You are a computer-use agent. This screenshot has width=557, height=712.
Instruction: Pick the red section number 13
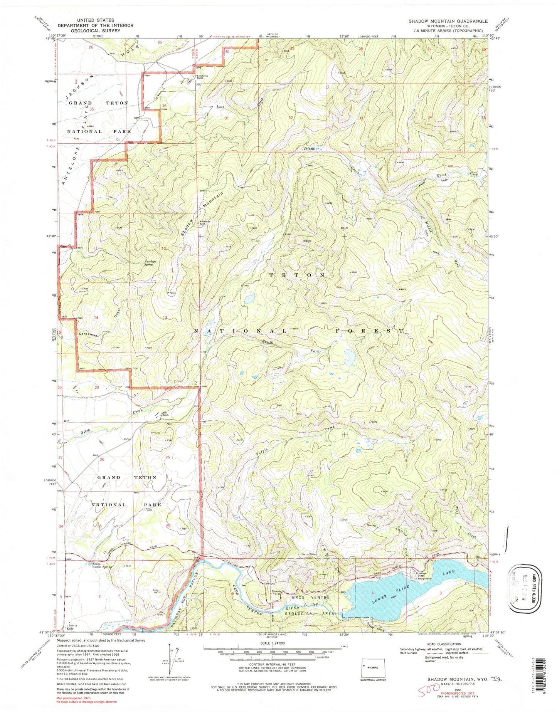[165, 317]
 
